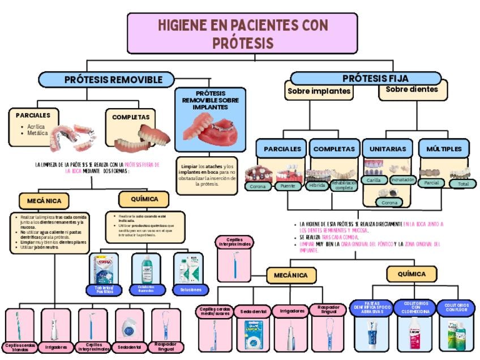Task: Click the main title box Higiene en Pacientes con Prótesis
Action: tap(242, 33)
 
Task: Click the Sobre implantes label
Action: tap(319, 91)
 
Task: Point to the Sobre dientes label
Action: tap(412, 89)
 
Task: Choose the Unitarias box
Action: tap(388, 149)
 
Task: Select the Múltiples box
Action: tap(444, 149)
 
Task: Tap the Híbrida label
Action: tap(316, 185)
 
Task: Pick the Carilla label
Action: tap(374, 180)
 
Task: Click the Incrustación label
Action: tap(402, 179)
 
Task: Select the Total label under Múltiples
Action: tap(463, 184)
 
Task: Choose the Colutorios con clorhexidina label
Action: tap(415, 308)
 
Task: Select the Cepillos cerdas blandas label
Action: tap(20, 346)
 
